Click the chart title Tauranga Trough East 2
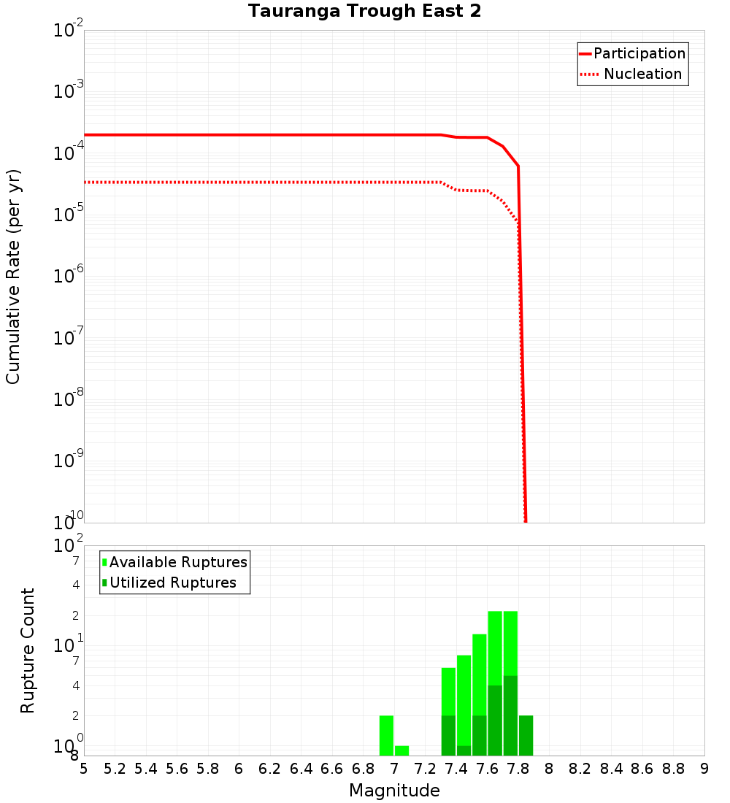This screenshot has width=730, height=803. pos(364,12)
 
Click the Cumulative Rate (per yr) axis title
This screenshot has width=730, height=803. pos(13,277)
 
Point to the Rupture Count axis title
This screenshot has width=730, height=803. pos(28,650)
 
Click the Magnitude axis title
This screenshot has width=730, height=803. pos(394,791)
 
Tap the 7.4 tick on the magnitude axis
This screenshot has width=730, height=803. pos(456,769)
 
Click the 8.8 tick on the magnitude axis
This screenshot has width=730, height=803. pos(673,769)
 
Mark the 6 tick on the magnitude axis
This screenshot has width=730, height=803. pos(239,769)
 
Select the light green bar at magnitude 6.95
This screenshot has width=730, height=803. pos(386,735)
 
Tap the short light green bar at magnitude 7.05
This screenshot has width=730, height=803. pos(401,750)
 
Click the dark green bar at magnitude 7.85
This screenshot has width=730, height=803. pos(526,735)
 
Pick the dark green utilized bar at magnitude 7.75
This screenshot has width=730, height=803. pos(510,715)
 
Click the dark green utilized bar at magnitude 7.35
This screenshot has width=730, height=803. pos(448,735)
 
